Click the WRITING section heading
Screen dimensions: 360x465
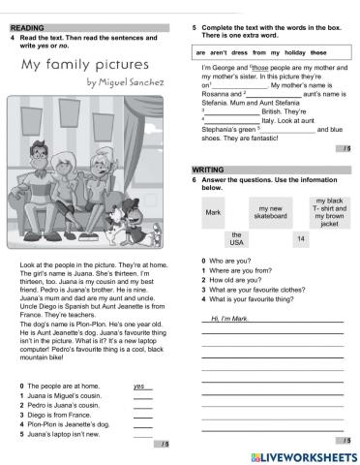point(208,169)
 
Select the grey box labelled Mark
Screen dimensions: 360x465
point(214,211)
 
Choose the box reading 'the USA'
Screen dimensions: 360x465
point(236,238)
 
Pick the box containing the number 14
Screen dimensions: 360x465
point(301,238)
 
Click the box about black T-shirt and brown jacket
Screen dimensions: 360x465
point(330,211)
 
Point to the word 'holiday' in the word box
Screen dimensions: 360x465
point(292,50)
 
